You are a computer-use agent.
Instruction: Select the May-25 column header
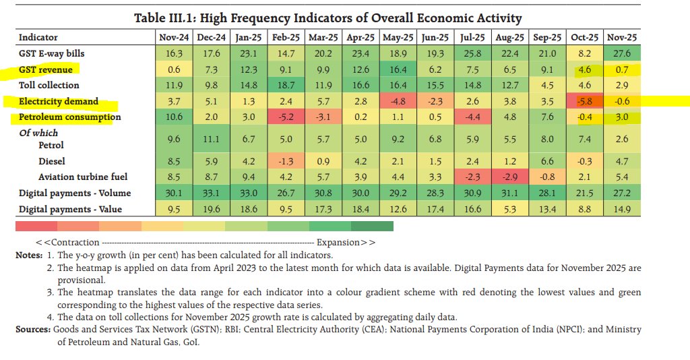397,37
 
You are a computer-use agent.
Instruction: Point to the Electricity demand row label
58,101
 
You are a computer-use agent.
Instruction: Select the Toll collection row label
49,85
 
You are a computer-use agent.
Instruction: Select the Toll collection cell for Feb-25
286,85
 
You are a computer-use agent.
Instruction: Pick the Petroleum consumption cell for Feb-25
286,117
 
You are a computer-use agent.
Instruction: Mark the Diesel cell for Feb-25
286,161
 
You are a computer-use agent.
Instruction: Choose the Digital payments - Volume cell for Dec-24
212,193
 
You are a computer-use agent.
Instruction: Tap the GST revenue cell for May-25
397,69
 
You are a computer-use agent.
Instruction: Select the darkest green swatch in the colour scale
372,225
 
